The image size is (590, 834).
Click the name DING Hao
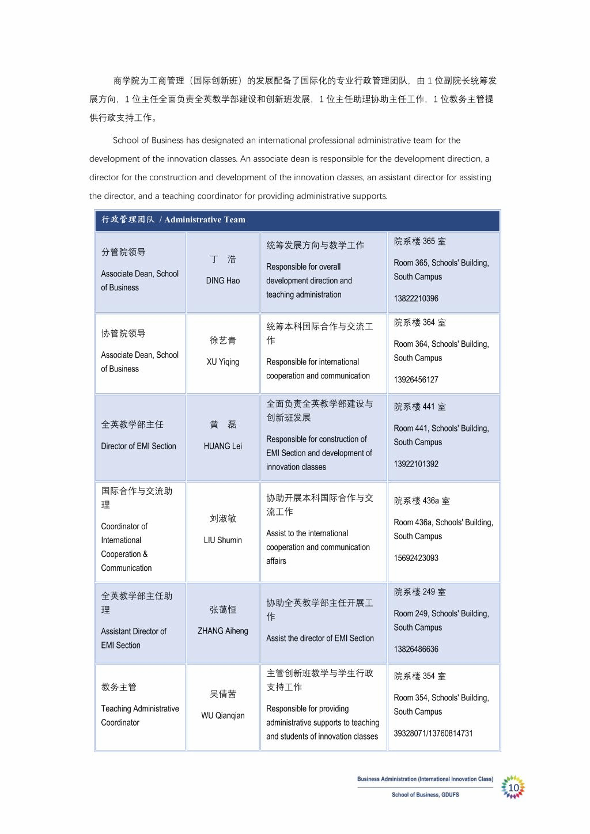coord(223,280)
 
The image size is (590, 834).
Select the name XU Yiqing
coord(223,362)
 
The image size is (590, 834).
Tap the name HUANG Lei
coord(223,446)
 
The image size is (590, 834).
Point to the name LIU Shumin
coord(223,540)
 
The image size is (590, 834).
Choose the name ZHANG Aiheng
coord(223,631)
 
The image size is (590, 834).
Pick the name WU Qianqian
coord(223,715)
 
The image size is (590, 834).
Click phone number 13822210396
coord(416,298)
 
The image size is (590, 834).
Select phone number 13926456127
coord(416,380)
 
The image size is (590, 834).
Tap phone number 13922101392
coord(416,464)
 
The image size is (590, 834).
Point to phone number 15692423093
coord(416,558)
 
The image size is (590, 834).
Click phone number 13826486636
coord(416,649)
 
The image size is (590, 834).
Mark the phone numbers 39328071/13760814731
coord(433,733)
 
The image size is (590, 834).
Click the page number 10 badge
coord(513,787)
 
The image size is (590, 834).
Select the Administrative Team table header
coord(173,219)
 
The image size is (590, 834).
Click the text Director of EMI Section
coord(138,446)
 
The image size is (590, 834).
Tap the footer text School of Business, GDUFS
coord(425,795)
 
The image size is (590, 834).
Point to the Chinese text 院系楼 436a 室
coord(422,501)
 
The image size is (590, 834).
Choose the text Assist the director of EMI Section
coord(320,638)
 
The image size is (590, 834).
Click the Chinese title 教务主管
coord(119,687)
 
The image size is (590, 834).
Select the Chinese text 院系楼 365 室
coord(419,241)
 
